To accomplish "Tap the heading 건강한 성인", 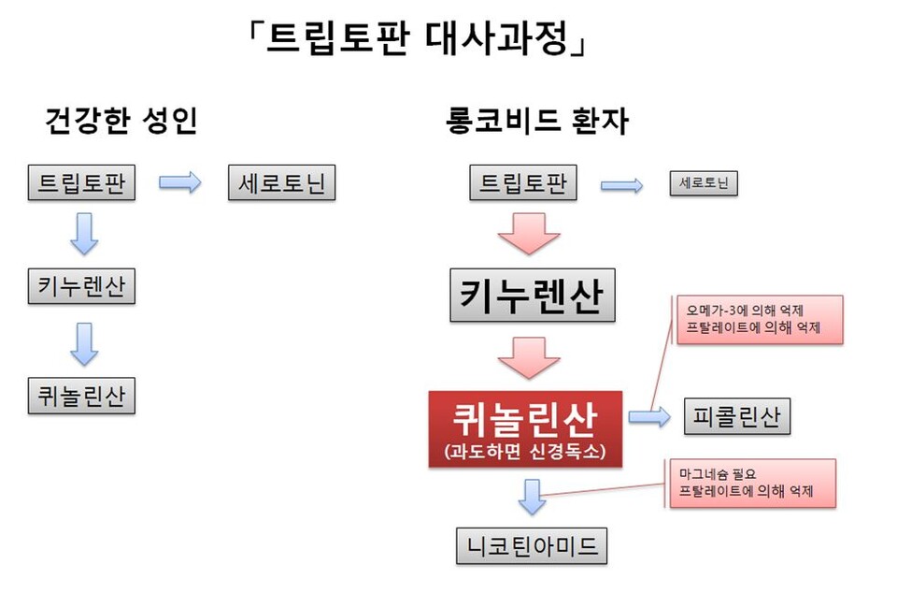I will pos(121,122).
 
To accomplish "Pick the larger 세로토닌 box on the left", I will pos(281,183).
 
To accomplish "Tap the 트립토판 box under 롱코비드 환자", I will pos(523,183).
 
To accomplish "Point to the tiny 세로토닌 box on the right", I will pos(705,183).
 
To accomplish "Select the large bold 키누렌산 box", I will pos(533,296).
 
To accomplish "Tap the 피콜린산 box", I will pos(737,416).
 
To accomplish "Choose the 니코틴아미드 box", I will pos(532,546).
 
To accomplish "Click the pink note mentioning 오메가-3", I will pos(757,319).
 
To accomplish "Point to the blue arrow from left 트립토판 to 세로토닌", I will pos(179,183).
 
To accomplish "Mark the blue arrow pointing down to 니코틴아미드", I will pos(532,496).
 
